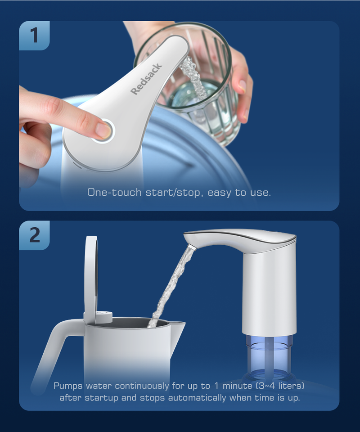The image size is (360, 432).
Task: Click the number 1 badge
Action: click(34, 36)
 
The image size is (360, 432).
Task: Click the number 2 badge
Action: click(34, 235)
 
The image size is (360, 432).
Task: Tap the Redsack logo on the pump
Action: click(146, 79)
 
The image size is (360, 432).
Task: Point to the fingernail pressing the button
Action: click(104, 130)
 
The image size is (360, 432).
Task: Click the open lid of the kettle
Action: click(91, 278)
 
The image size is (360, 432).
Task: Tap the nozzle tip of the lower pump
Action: click(192, 247)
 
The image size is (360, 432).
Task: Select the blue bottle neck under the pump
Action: click(268, 355)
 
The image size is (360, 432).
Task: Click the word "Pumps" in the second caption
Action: click(68, 386)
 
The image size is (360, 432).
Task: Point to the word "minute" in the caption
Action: click(237, 386)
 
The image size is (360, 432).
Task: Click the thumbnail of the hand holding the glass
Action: click(243, 86)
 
